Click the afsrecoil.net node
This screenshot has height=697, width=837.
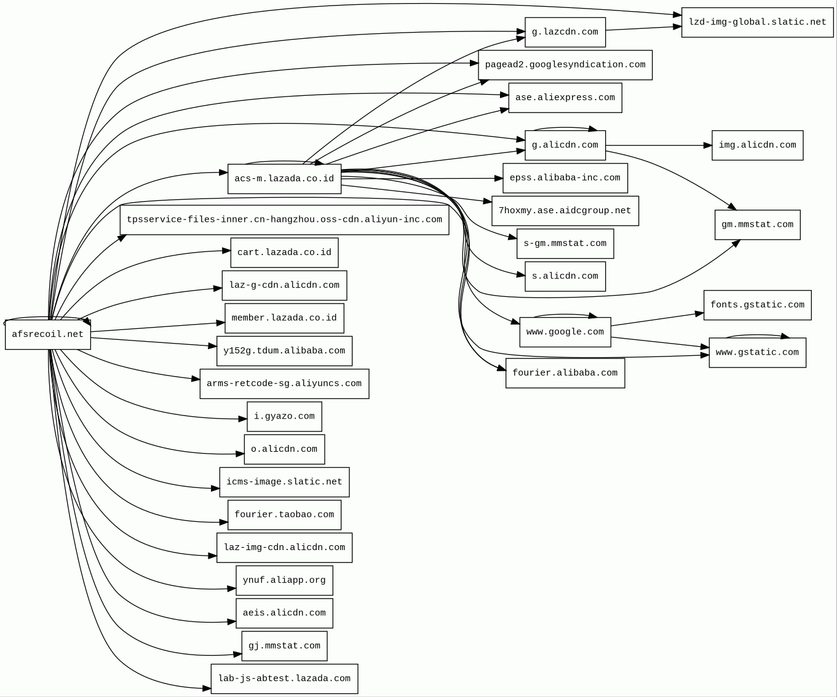coord(47,335)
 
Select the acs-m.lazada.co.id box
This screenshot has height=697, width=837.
coord(284,179)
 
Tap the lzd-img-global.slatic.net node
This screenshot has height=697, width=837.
coord(757,22)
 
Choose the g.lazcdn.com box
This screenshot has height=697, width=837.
coord(565,32)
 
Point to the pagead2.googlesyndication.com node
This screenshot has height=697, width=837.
coord(565,65)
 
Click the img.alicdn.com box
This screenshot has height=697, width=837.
coord(757,146)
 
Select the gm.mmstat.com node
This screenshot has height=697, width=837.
coord(757,225)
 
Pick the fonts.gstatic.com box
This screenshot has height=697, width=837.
coord(757,305)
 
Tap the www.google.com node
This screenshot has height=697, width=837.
coord(565,332)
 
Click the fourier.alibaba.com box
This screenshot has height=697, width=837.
coord(565,373)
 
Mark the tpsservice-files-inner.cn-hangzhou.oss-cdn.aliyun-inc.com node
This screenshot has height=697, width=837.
coord(284,220)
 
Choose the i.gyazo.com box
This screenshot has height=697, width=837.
coord(284,417)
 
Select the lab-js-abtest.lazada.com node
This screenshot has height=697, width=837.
coord(284,679)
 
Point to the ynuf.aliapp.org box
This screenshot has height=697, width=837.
coord(284,581)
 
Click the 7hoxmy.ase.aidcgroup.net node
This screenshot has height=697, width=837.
coord(565,211)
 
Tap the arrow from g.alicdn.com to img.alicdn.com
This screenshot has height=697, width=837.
coord(658,146)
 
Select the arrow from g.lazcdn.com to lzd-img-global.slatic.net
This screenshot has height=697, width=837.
coord(643,28)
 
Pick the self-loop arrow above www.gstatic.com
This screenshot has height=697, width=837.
coord(757,336)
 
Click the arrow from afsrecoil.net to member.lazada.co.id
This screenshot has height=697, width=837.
coord(157,327)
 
